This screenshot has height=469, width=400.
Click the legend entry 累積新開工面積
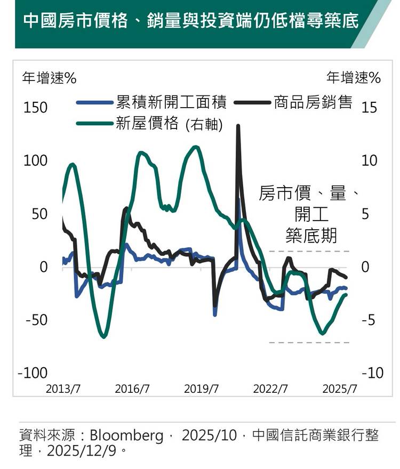[171, 102]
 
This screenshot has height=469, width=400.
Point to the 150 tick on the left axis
[36, 108]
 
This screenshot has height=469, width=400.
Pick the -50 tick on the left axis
[36, 320]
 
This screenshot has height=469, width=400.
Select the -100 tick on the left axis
[33, 373]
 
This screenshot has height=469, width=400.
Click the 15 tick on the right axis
[369, 108]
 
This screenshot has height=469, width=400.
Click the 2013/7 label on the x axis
[63, 389]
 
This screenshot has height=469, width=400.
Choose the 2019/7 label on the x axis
[201, 389]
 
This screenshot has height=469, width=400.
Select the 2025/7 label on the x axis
[340, 389]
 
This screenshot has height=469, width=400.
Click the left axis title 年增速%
[49, 78]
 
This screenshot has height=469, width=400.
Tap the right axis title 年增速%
[354, 78]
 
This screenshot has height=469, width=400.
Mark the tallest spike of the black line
[238, 126]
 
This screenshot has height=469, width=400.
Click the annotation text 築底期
[311, 235]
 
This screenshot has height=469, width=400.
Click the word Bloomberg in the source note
[126, 435]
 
